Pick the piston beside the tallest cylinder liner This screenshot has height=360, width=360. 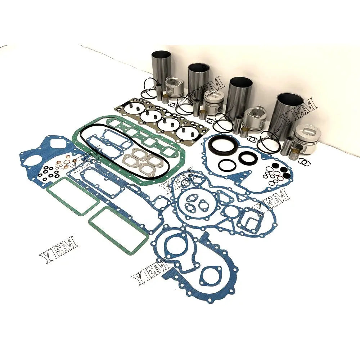coord(175,88)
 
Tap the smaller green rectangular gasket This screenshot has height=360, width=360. coord(73,196)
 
